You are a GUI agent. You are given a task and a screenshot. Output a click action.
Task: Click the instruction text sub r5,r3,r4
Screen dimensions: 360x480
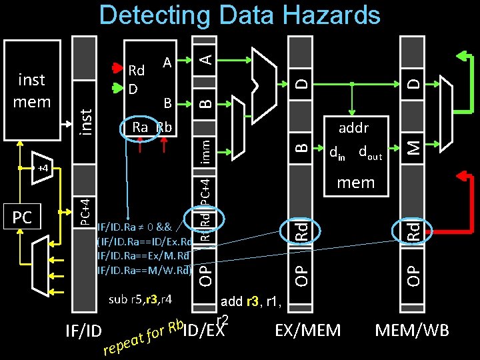coord(141,298)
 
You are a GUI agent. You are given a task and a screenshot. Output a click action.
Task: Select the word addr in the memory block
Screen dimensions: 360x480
coord(353,127)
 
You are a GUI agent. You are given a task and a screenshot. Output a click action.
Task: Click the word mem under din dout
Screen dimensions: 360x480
coord(355,182)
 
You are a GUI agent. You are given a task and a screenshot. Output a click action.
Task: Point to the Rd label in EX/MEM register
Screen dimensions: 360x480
coord(302,231)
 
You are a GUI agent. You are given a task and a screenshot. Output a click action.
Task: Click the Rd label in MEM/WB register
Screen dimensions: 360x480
coord(415,231)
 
